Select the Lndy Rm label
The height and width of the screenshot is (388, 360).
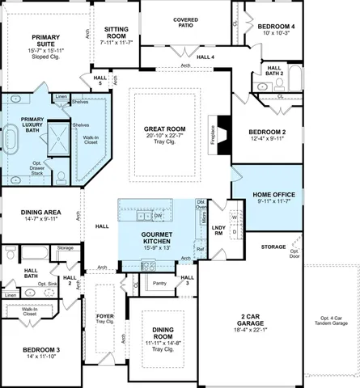pos(218,230)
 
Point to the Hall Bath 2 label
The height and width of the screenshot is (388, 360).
pos(274,70)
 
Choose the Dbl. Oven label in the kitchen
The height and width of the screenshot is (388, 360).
pos(201,207)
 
